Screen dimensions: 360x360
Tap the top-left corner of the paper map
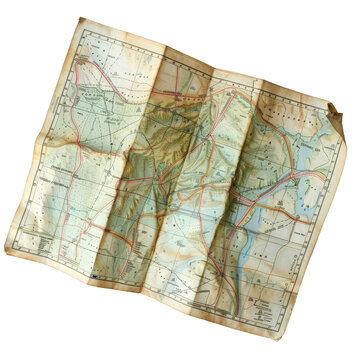[79, 18]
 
